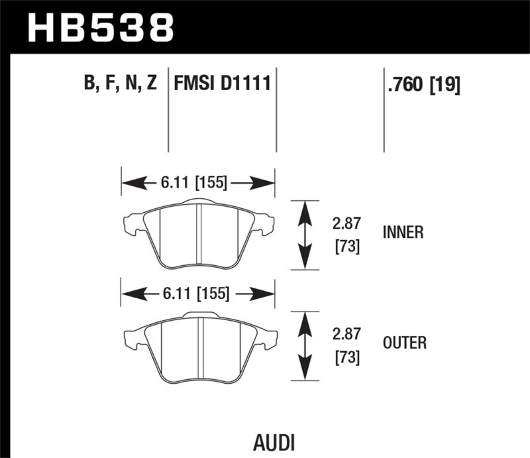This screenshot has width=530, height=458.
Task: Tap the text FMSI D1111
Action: click(x=222, y=84)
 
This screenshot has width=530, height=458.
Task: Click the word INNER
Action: click(x=403, y=233)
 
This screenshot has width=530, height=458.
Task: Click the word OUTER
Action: click(x=404, y=343)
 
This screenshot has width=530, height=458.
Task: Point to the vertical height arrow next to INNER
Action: click(x=304, y=235)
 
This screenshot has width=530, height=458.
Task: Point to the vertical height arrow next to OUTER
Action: click(x=304, y=346)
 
